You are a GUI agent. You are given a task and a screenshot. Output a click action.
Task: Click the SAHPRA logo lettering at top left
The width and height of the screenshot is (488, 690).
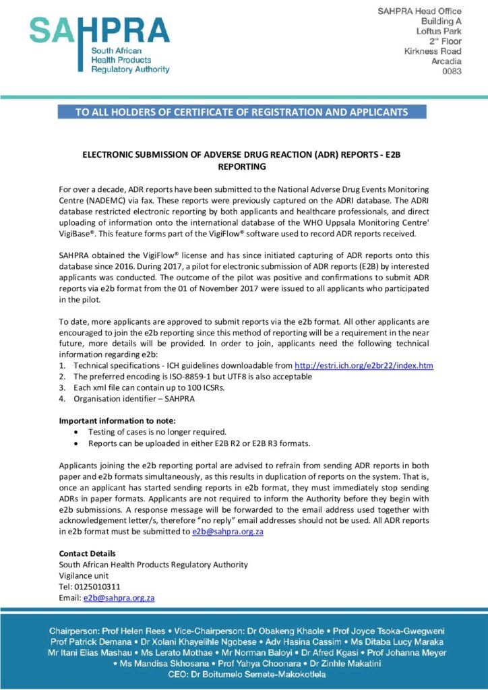(99, 31)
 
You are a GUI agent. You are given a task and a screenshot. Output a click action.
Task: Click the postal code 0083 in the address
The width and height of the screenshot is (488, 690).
(452, 71)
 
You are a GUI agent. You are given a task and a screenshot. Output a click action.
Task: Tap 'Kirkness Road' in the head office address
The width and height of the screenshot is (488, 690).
(433, 51)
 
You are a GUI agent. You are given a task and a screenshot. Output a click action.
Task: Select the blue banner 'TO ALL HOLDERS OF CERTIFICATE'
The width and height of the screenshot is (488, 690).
(241, 112)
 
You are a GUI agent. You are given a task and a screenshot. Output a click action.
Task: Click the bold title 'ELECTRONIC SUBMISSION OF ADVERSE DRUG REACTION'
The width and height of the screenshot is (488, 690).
(241, 154)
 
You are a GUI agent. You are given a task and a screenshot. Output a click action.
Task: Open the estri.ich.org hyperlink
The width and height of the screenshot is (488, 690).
(364, 365)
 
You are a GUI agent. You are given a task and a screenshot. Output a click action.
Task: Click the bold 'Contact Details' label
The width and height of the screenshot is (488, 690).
(88, 554)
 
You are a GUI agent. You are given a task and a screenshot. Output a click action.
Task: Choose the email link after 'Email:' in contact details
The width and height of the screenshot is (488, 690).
(119, 597)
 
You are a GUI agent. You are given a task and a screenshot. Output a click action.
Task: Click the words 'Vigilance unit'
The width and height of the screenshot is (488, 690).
(84, 575)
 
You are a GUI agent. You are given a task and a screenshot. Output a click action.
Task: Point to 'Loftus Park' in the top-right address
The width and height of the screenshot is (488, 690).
(439, 31)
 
